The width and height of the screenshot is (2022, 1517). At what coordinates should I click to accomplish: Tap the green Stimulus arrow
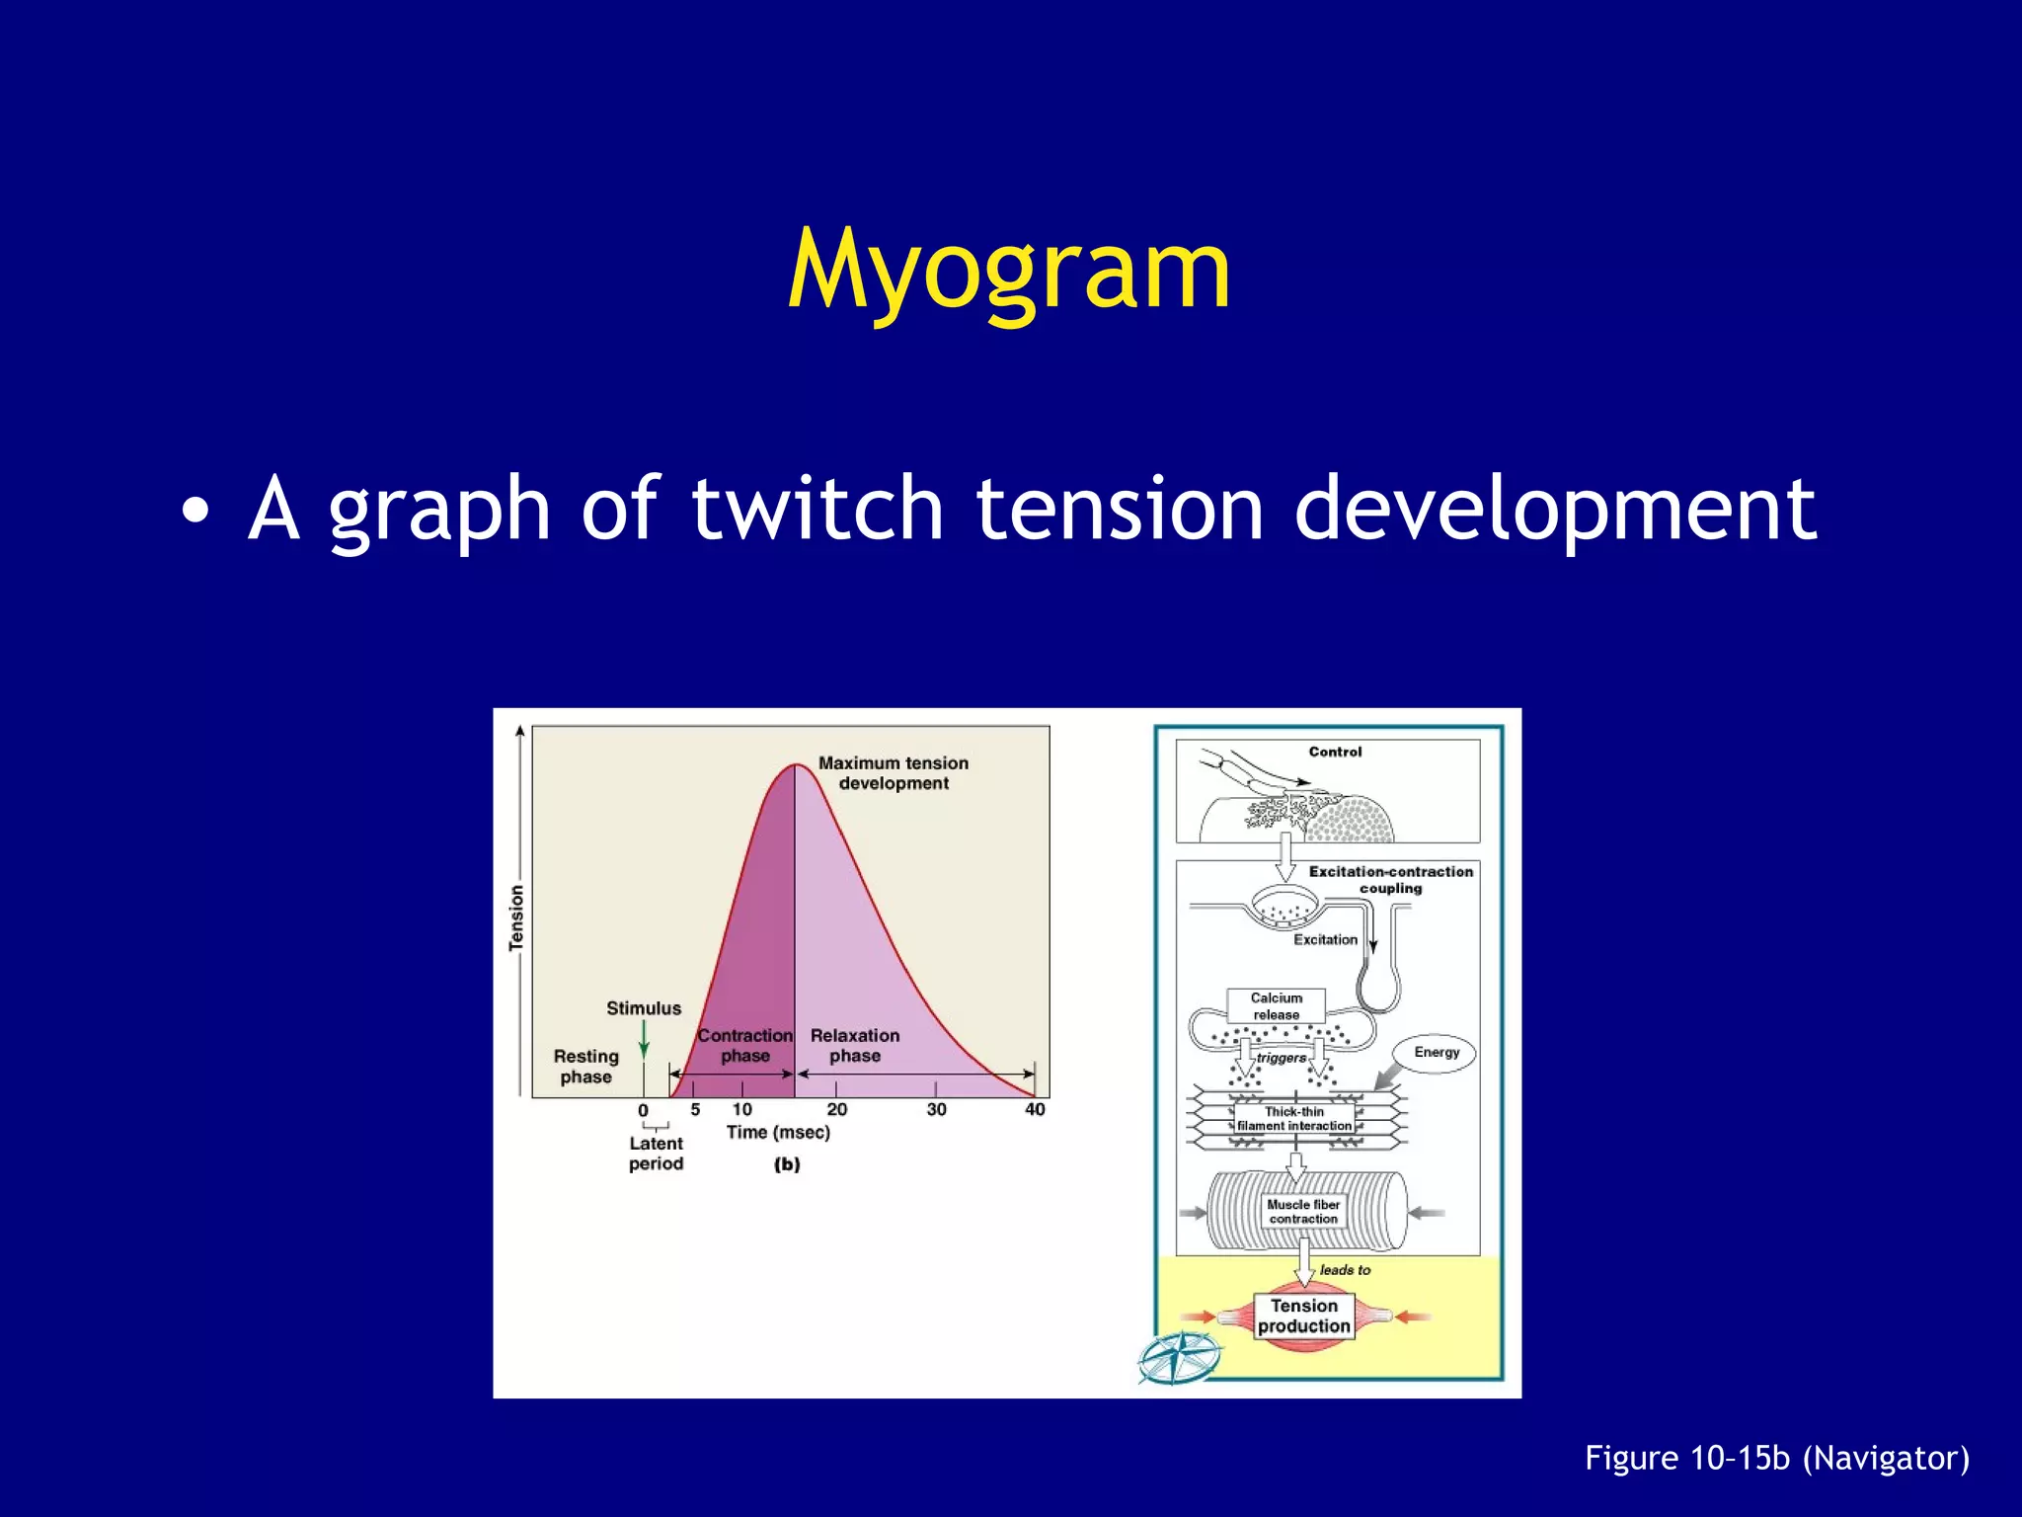point(644,1039)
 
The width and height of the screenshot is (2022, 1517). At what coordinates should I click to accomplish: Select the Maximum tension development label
point(894,773)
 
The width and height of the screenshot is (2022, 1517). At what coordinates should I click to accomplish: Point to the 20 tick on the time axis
point(836,1109)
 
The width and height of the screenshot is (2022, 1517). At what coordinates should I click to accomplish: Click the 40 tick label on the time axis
point(1035,1109)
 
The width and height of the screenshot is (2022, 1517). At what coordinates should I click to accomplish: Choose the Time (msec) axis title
point(778,1133)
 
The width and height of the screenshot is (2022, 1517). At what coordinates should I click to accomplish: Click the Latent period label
point(656,1154)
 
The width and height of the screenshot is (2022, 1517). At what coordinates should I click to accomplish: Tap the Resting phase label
point(585,1067)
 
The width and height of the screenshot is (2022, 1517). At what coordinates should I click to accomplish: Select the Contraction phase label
point(744,1046)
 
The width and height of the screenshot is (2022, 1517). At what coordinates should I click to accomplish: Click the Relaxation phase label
point(855,1046)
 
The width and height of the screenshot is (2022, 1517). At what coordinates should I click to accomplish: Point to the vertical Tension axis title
point(516,918)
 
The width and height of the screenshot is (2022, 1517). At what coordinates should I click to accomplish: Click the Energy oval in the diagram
point(1436,1053)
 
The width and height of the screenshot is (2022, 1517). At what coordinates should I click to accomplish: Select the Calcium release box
point(1276,1006)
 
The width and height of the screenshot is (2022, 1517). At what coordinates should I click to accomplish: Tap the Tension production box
point(1303,1317)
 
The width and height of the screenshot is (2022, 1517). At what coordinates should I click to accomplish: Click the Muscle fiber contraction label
point(1303,1212)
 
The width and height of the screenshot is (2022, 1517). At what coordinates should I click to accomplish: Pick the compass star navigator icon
point(1179,1357)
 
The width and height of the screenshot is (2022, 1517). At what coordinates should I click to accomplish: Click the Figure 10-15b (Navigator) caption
point(1776,1459)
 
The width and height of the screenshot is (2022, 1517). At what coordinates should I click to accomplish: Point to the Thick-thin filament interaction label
point(1294,1119)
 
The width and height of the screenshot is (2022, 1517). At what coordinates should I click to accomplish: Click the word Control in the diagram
point(1335,753)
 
